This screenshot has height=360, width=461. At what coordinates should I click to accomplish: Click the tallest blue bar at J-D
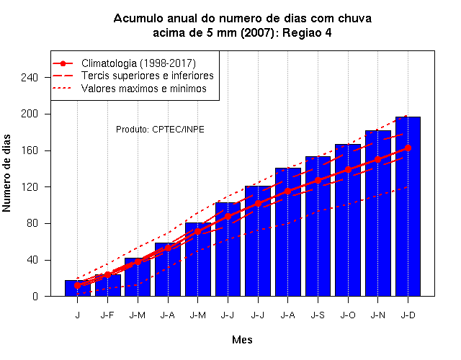click(x=408, y=207)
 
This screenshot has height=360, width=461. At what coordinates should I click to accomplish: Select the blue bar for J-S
click(x=318, y=226)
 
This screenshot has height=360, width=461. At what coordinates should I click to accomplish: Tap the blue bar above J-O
click(x=348, y=220)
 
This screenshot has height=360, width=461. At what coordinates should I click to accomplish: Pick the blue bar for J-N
click(x=377, y=213)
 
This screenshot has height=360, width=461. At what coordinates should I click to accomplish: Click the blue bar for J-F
click(x=107, y=285)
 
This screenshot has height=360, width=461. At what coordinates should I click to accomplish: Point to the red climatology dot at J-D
click(x=408, y=148)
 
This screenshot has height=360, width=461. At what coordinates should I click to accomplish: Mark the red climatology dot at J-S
click(x=318, y=180)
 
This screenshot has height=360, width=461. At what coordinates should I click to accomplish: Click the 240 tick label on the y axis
click(x=30, y=77)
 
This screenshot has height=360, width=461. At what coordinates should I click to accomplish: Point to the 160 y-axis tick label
click(x=30, y=150)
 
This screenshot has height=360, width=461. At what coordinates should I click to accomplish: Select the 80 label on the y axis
click(x=32, y=223)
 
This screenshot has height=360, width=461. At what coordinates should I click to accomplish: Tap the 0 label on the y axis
click(x=35, y=296)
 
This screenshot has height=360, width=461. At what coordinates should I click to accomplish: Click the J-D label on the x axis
click(x=408, y=315)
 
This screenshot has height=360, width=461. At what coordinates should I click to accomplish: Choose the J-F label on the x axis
click(x=107, y=315)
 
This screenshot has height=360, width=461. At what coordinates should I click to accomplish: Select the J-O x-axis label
click(x=348, y=315)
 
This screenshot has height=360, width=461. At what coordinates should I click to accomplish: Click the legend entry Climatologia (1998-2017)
click(x=138, y=63)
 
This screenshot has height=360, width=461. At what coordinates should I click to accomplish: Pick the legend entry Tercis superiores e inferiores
click(x=147, y=76)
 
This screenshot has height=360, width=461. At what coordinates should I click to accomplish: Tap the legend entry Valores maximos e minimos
click(x=144, y=89)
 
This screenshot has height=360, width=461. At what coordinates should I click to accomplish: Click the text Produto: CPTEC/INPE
click(x=160, y=130)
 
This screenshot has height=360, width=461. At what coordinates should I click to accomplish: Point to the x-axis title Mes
click(x=242, y=340)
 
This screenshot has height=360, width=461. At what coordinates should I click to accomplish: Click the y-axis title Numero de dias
click(x=6, y=173)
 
